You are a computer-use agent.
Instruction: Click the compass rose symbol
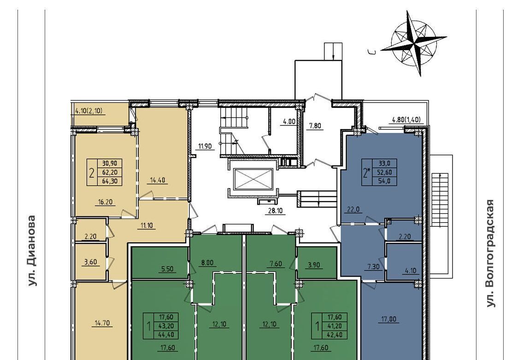pyautogui.click(x=414, y=43)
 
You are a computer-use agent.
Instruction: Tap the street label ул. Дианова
pyautogui.click(x=31, y=251)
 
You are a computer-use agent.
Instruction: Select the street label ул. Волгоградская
pyautogui.click(x=490, y=253)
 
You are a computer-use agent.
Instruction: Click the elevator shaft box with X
pyautogui.click(x=253, y=179)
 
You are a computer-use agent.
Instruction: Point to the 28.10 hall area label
pyautogui.click(x=275, y=211)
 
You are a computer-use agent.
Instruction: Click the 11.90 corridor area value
pyautogui.click(x=205, y=146)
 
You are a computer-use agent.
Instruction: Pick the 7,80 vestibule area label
pyautogui.click(x=315, y=126)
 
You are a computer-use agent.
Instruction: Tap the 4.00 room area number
pyautogui.click(x=289, y=121)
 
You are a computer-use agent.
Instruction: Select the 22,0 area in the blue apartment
pyautogui.click(x=353, y=210)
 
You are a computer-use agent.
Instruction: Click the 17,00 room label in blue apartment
pyautogui.click(x=389, y=319)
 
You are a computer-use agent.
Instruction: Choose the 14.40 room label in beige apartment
pyautogui.click(x=158, y=181)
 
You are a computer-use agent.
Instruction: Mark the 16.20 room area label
pyautogui.click(x=106, y=202)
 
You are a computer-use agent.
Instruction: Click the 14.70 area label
pyautogui.click(x=102, y=323)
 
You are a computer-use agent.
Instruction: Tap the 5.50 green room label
pyautogui.click(x=167, y=269)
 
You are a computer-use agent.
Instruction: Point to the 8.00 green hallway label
pyautogui.click(x=207, y=263)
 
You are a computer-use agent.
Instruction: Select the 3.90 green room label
pyautogui.click(x=313, y=265)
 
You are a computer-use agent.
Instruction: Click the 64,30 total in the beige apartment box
pyautogui.click(x=110, y=181)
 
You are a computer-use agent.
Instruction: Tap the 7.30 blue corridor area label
pyautogui.click(x=373, y=266)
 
